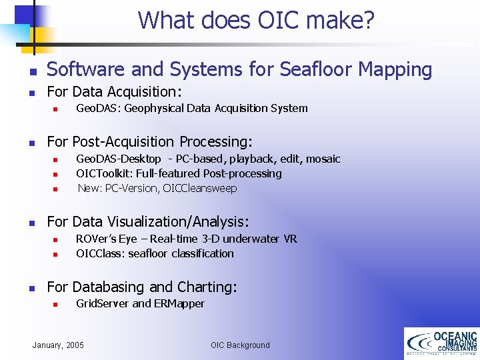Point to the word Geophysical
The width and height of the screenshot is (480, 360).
154,108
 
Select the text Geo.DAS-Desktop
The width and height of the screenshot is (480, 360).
119,159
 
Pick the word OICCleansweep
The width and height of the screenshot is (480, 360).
200,188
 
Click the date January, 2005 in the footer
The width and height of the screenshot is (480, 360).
59,345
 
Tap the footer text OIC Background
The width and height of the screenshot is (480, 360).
240,345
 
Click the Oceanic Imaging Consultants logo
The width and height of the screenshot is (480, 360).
441,343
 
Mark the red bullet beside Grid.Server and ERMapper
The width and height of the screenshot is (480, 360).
57,304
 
